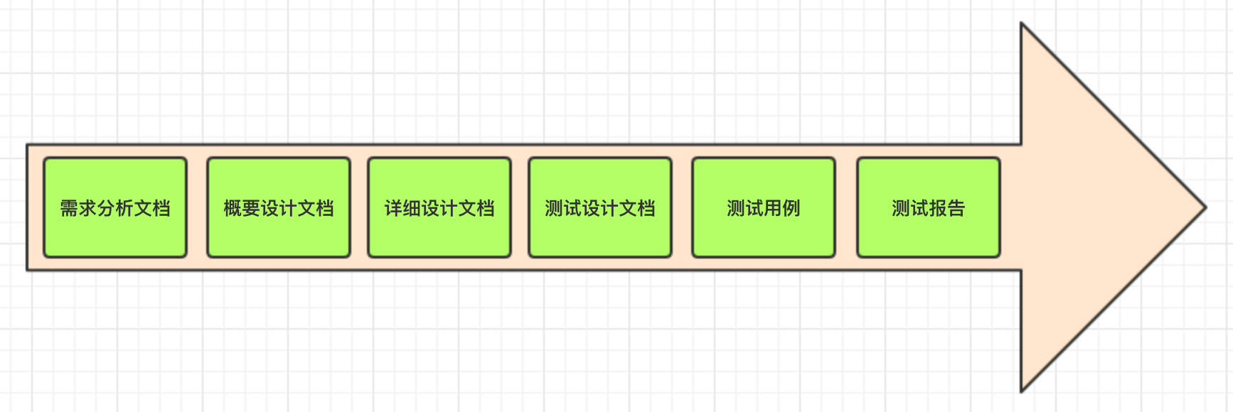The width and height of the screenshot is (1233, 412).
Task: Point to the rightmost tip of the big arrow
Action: [1205, 207]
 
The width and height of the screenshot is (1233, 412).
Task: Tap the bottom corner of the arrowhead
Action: [1022, 390]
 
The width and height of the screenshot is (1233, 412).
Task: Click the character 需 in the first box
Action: [69, 208]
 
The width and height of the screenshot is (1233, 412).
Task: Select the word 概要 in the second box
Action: [242, 208]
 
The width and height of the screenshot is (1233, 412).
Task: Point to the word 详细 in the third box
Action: [402, 208]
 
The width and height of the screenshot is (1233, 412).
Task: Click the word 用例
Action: [782, 208]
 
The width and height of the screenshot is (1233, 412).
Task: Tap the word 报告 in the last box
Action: [947, 208]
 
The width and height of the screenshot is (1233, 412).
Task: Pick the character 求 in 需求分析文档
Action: [87, 208]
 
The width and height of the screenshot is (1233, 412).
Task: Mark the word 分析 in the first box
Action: [115, 208]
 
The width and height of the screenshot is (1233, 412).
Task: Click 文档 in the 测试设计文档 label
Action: [637, 208]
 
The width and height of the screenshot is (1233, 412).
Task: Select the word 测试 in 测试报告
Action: [910, 208]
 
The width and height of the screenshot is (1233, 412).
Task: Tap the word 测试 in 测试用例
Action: [745, 208]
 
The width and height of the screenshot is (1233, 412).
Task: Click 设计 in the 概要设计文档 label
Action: [279, 208]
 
